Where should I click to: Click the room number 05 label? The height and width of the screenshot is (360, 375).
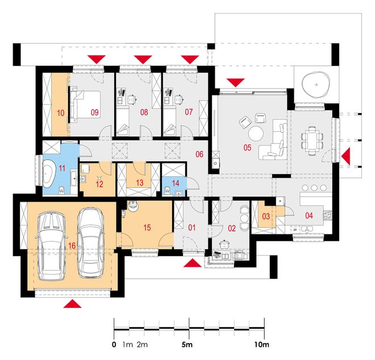click(247, 148)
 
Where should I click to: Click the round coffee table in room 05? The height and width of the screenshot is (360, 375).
click(256, 133)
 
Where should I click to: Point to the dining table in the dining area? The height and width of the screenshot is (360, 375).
click(312, 141)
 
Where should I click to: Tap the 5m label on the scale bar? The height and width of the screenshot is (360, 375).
click(187, 345)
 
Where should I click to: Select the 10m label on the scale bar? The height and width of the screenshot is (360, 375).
click(261, 345)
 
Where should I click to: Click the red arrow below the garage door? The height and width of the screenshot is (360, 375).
click(73, 304)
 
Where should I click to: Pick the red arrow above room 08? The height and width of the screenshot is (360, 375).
click(143, 59)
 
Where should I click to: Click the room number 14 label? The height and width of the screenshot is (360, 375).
click(176, 183)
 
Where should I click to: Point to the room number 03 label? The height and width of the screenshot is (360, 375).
click(266, 216)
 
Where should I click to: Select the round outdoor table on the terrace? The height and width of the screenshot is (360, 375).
click(316, 85)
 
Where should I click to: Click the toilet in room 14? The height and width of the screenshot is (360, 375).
click(167, 191)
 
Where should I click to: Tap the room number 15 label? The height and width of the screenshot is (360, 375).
click(147, 227)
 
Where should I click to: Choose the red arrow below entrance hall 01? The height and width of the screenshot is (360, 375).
click(192, 263)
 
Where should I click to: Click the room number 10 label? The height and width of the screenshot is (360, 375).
click(61, 113)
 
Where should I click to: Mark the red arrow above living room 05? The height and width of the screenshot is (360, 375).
click(236, 82)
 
